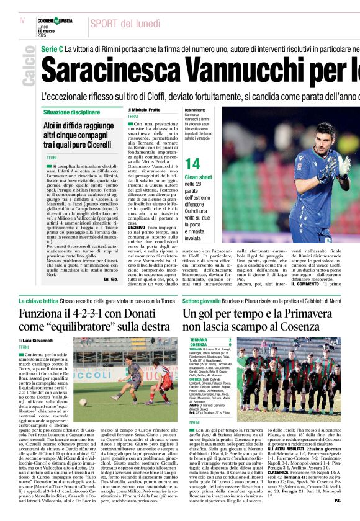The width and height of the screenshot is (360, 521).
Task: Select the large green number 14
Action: point(193,164)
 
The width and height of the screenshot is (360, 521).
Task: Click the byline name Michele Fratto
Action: point(146,110)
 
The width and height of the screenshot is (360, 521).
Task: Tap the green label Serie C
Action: point(52,48)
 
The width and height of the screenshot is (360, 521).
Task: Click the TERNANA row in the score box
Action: point(210,340)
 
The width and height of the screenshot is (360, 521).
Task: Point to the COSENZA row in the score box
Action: point(210,345)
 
